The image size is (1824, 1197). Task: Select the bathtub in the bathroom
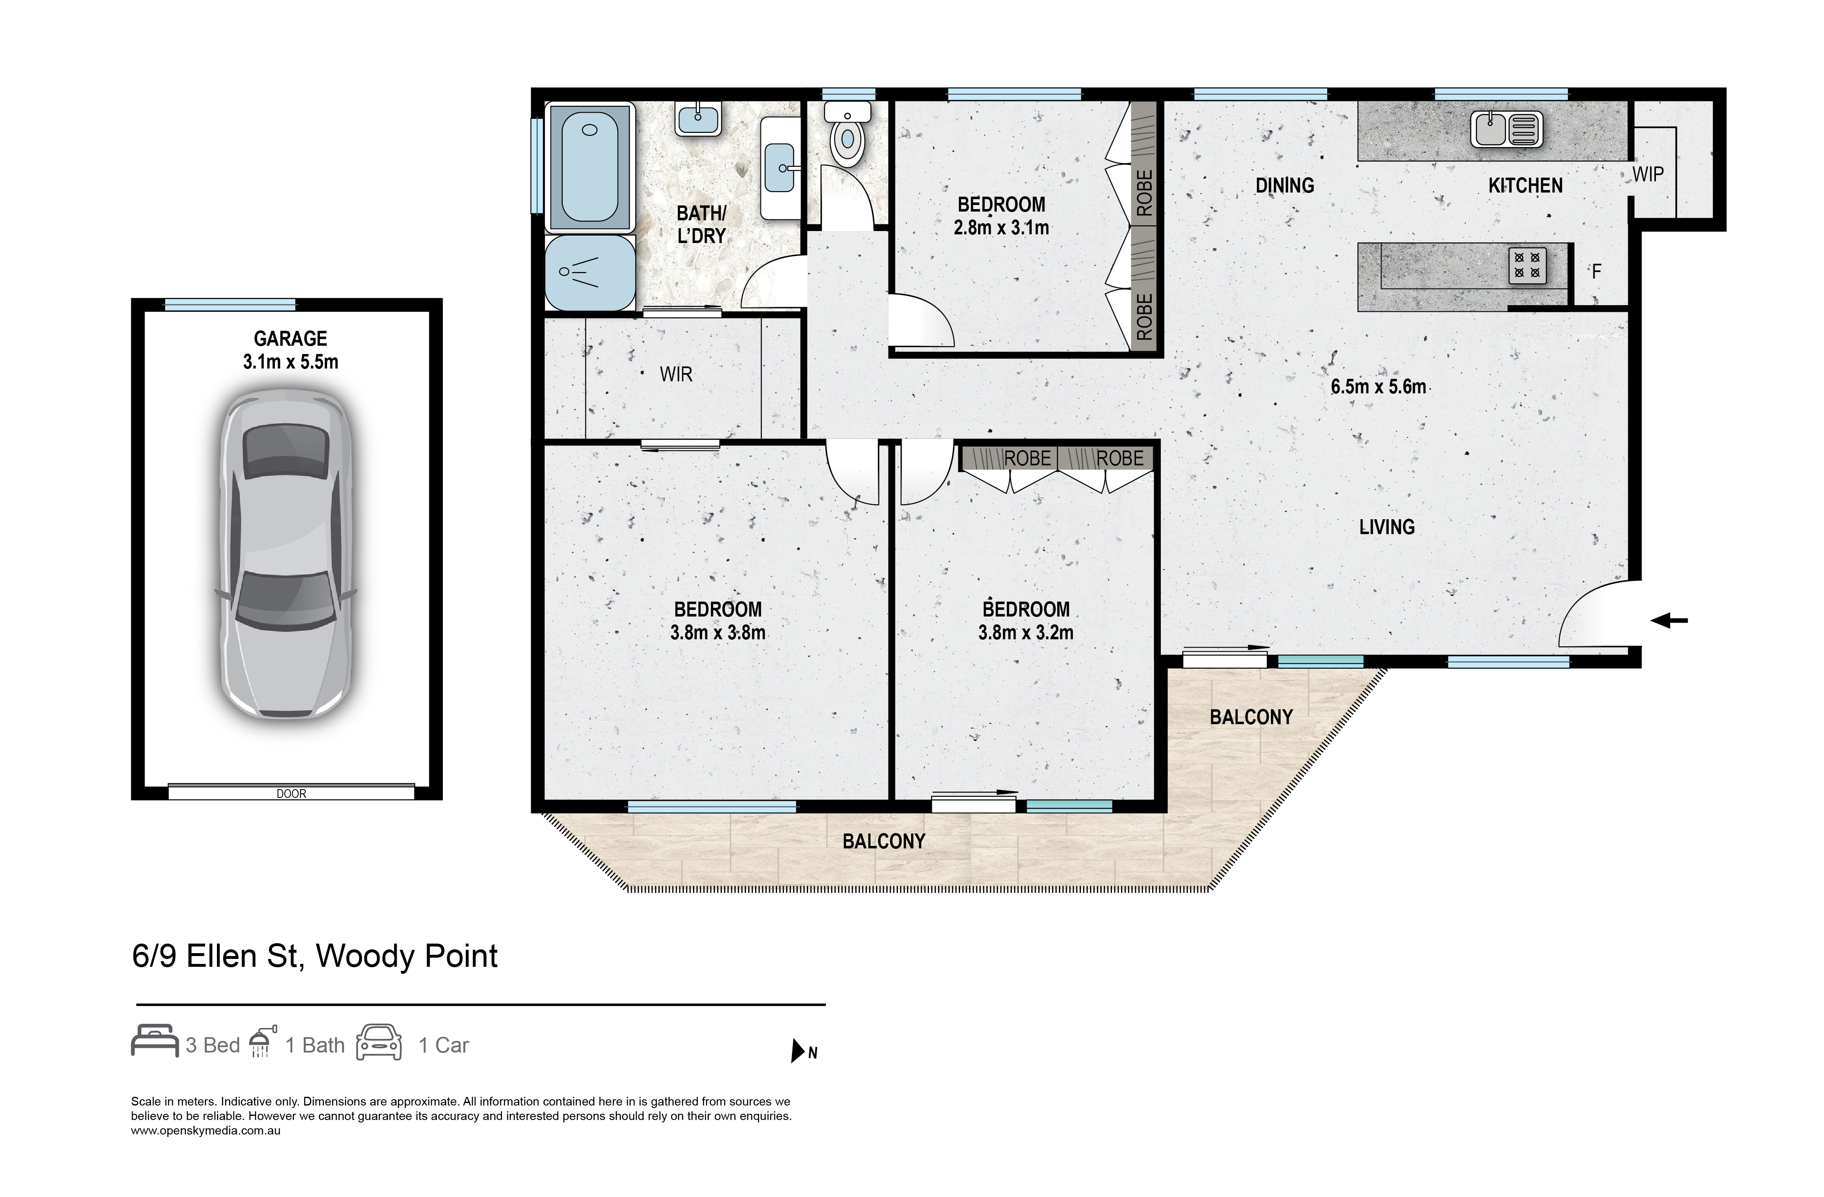tap(590, 167)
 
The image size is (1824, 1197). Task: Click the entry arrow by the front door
tap(1668, 621)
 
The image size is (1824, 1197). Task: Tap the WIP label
tap(1648, 175)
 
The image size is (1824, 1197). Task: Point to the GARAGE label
tap(291, 339)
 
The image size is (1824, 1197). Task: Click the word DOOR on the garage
tap(291, 794)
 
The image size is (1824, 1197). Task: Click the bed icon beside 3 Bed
tap(155, 1041)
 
